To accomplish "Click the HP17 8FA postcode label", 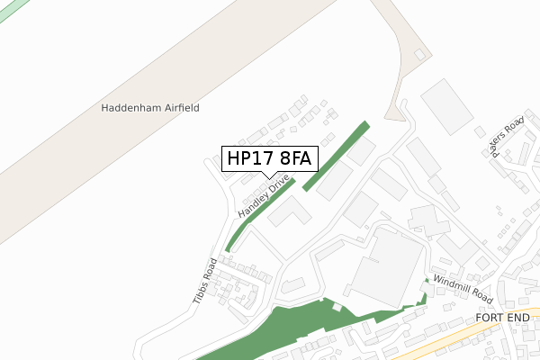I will tap(269, 158).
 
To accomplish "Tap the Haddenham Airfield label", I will tap(150, 108).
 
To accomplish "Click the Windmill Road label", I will tap(463, 288).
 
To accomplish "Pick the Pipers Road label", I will tap(508, 136).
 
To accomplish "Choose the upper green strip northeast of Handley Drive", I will tap(337, 156).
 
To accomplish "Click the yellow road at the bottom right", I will tap(468, 334).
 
